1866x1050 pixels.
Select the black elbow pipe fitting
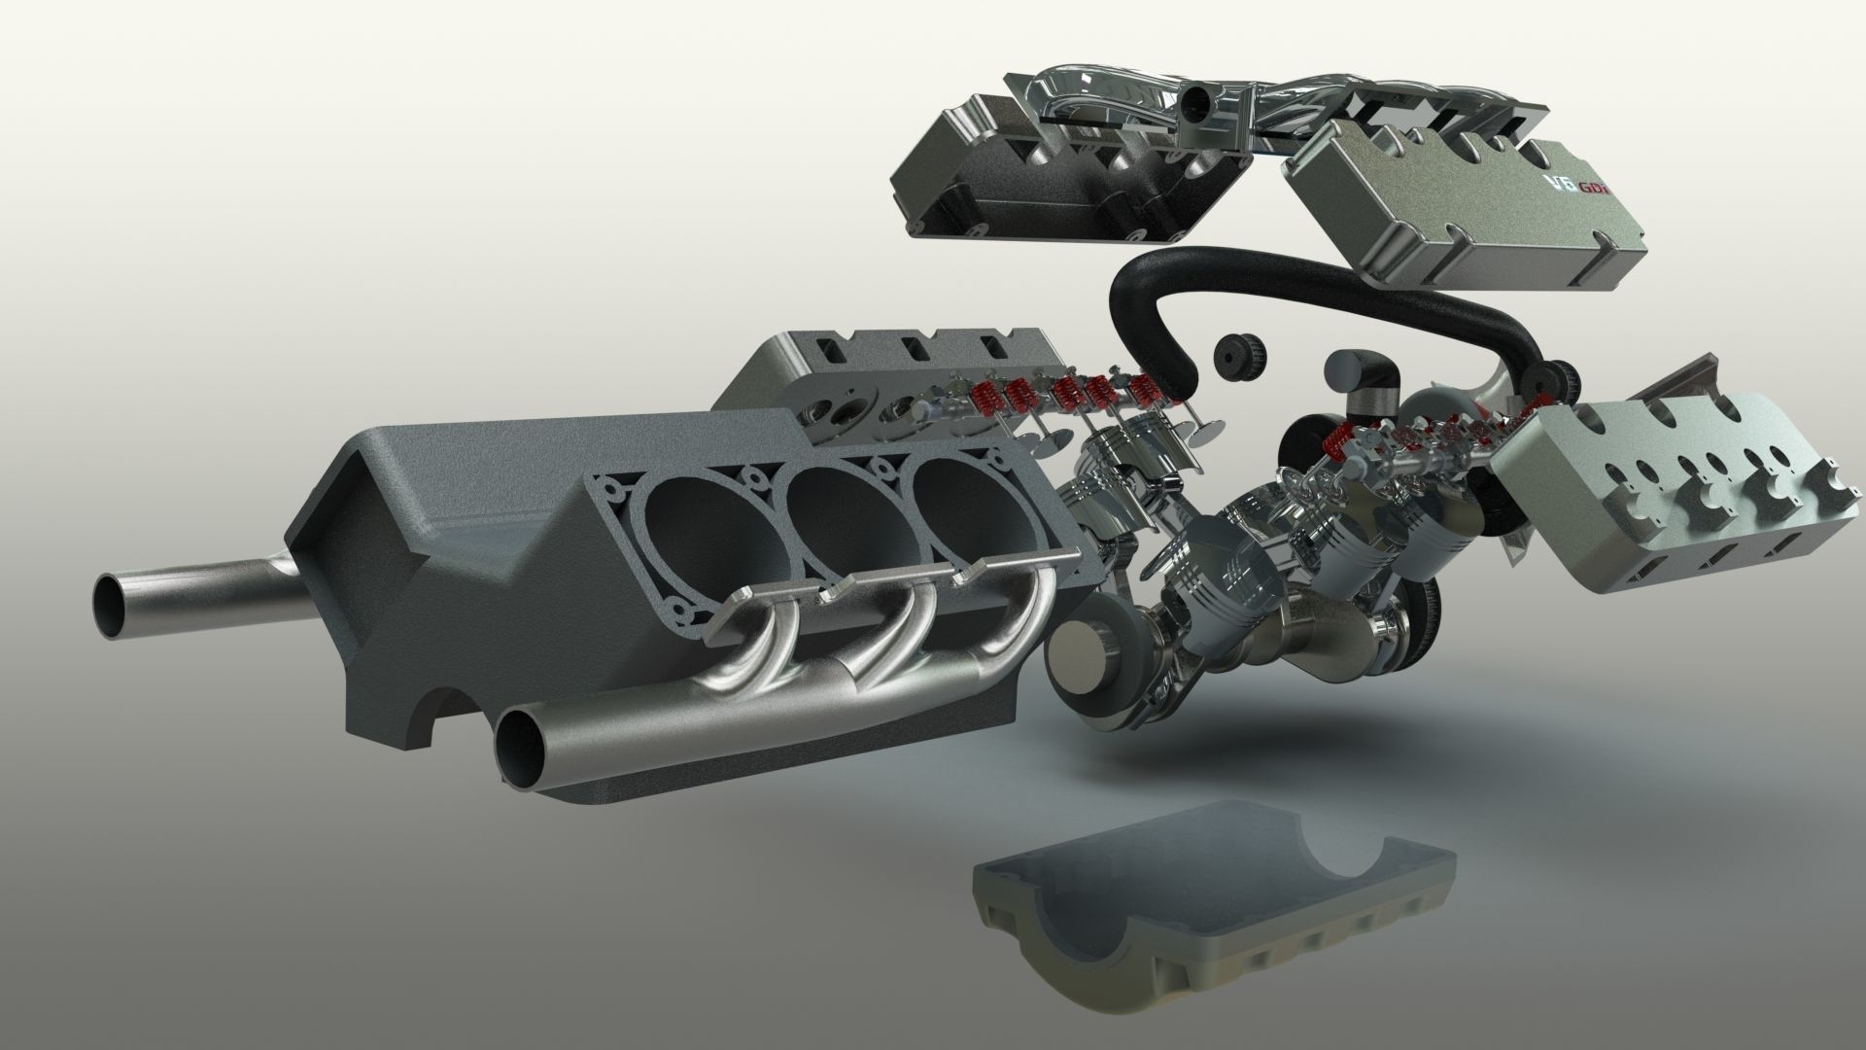coord(1361,379)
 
